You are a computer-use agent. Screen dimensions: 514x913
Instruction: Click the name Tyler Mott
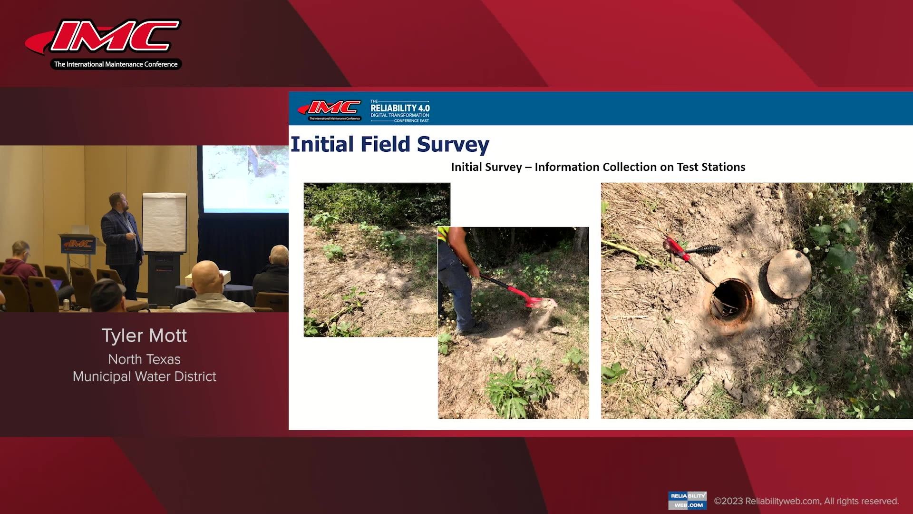pyautogui.click(x=145, y=336)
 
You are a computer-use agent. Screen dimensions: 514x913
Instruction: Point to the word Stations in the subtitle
pyautogui.click(x=722, y=167)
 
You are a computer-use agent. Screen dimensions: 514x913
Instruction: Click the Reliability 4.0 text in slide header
pyautogui.click(x=400, y=109)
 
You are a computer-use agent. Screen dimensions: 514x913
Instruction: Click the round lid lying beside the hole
pyautogui.click(x=789, y=274)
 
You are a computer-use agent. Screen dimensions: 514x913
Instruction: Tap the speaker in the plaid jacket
pyautogui.click(x=122, y=233)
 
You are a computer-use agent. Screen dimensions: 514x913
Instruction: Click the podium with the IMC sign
pyautogui.click(x=78, y=247)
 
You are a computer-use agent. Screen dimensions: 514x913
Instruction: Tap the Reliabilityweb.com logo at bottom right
pyautogui.click(x=687, y=501)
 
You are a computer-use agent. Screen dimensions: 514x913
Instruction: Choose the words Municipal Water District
pyautogui.click(x=145, y=376)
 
